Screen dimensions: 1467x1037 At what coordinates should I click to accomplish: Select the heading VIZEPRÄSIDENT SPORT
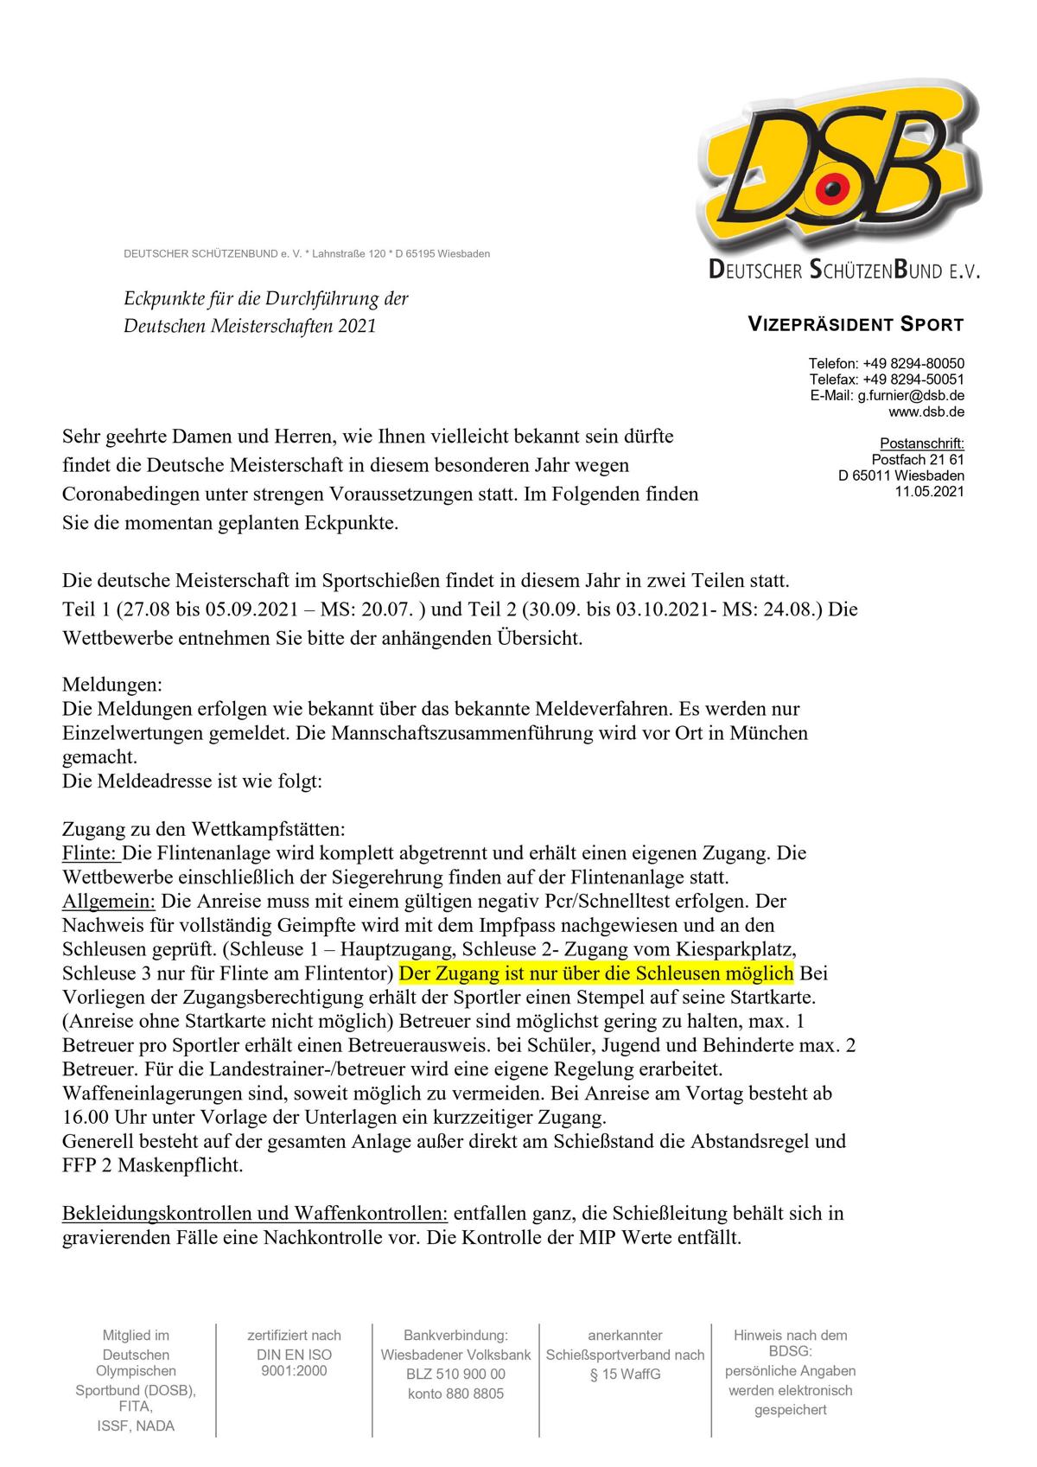(855, 325)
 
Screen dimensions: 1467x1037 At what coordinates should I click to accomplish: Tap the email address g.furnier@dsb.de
(911, 395)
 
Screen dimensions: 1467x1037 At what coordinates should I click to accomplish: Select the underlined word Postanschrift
(921, 443)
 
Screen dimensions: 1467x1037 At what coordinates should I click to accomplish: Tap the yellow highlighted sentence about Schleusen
(596, 973)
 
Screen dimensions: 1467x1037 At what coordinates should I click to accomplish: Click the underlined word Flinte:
(90, 853)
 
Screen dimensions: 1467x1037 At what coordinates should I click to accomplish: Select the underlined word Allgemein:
(108, 901)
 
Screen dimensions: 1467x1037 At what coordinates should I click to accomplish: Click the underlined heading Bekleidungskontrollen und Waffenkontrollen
(255, 1213)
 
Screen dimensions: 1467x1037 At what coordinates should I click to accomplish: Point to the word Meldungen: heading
(111, 685)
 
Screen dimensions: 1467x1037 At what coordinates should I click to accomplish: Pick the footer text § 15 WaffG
(625, 1374)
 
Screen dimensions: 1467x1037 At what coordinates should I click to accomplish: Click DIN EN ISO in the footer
(294, 1355)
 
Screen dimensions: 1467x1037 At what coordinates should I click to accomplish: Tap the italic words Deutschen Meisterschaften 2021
(251, 326)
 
